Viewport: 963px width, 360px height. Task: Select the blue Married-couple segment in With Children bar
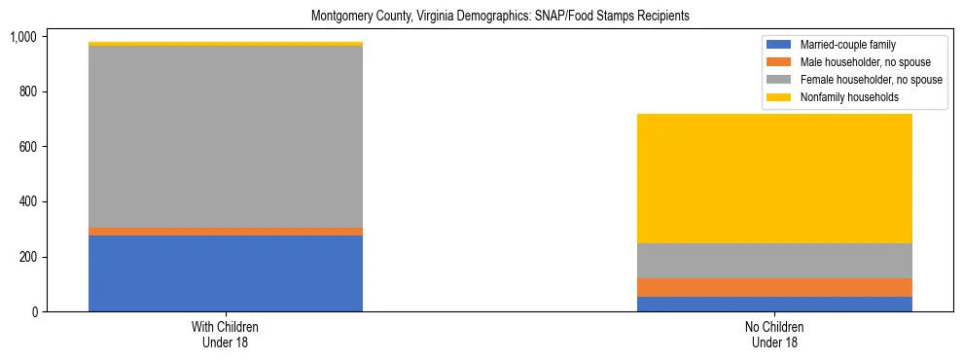[226, 273]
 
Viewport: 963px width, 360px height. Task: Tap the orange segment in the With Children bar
[226, 232]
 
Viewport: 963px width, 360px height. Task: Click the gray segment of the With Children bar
[226, 137]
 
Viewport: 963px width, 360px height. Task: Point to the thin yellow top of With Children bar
[226, 44]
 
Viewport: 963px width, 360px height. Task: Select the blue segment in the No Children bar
[774, 304]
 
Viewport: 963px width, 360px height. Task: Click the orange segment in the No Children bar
[774, 287]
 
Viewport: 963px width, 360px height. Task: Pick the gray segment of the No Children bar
[774, 261]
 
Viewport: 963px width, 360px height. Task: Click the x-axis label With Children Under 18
[226, 334]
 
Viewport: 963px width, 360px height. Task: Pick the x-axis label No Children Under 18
[774, 334]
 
